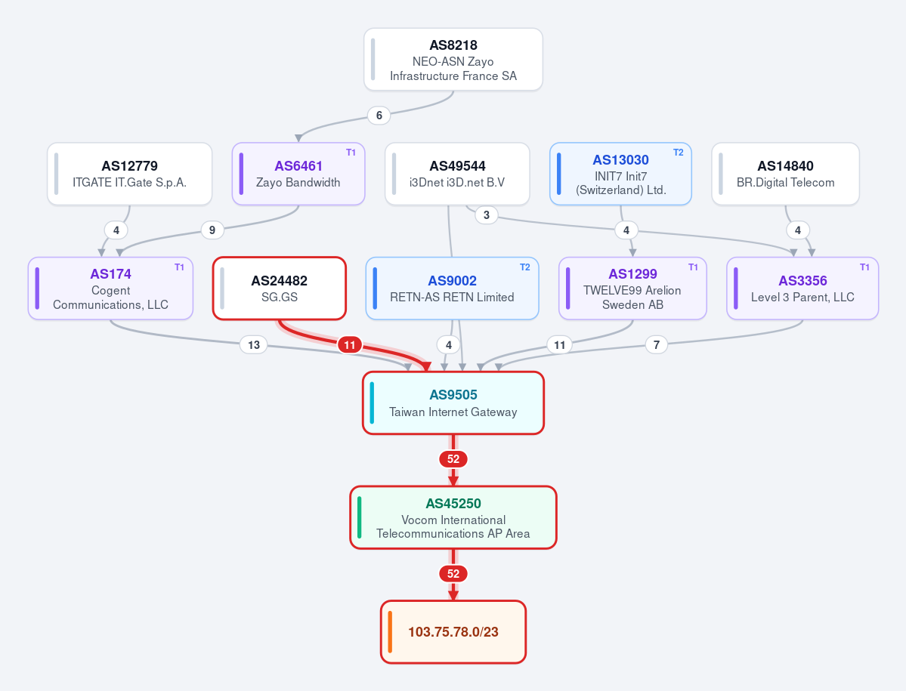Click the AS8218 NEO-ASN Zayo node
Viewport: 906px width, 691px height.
[453, 60]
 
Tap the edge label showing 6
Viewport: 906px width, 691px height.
[379, 116]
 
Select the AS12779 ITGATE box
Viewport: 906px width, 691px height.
[129, 174]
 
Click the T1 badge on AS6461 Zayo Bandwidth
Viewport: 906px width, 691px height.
[351, 153]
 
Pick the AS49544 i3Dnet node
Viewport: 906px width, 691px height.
[457, 174]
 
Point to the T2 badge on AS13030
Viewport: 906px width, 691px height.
[679, 153]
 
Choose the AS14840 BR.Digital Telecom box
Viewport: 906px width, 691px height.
[785, 174]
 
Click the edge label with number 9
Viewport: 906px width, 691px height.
[212, 230]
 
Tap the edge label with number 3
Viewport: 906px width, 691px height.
[487, 215]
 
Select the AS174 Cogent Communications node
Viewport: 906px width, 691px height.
[110, 288]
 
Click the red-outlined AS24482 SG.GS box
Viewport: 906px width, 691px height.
[280, 288]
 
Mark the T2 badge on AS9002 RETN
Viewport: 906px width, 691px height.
[524, 267]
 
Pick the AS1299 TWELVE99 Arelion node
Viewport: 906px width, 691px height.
[632, 288]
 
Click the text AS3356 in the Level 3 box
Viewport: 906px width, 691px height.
[802, 281]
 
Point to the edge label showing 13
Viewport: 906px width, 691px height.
[254, 345]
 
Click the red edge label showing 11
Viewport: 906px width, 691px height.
[350, 345]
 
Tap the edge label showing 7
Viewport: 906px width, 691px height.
[657, 345]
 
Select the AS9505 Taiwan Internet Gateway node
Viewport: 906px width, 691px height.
[453, 403]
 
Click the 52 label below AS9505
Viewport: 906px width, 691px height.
[453, 459]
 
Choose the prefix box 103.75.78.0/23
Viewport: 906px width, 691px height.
[453, 632]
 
